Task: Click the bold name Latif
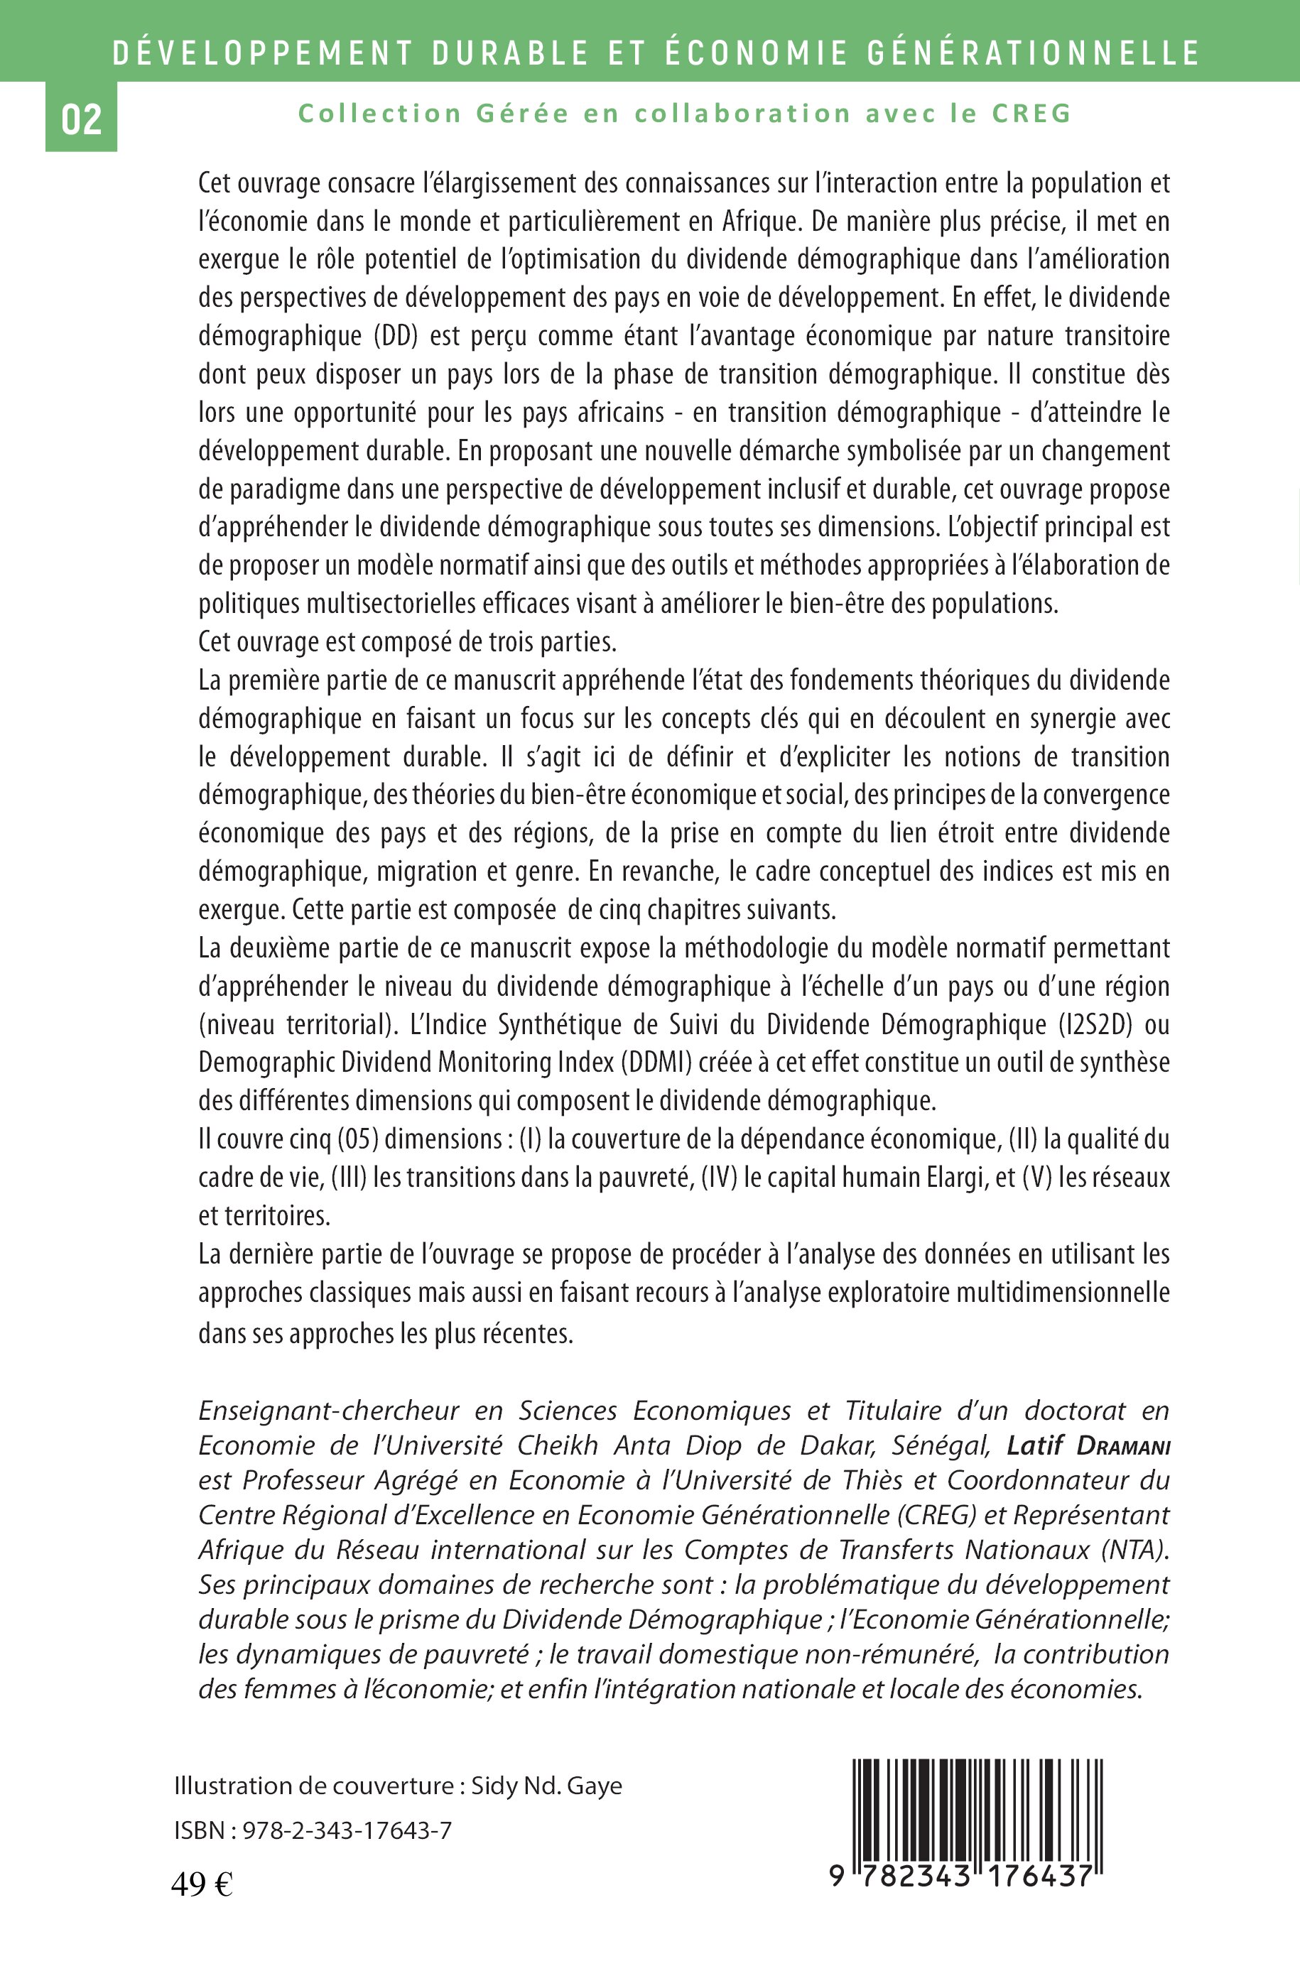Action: pos(1036,1445)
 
